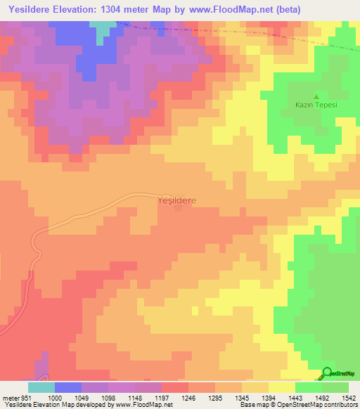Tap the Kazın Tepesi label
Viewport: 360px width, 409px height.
[x=316, y=105]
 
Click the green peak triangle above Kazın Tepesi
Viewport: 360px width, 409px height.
[x=316, y=96]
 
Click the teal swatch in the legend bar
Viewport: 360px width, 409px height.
[x=41, y=387]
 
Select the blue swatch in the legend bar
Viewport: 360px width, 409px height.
[x=67, y=387]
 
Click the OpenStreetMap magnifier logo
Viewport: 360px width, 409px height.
[x=328, y=373]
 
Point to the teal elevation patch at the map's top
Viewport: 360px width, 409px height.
[x=104, y=28]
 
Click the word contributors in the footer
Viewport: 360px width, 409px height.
[x=340, y=405]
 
